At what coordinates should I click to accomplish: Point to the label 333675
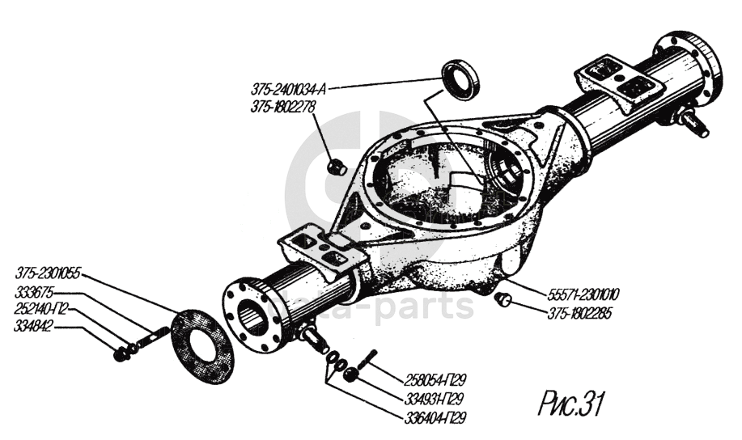32,291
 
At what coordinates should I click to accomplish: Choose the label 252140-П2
40,309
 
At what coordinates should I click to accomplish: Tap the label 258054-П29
435,380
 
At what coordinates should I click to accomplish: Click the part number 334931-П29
435,399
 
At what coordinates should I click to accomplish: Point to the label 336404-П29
435,417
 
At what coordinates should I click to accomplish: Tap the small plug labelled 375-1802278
337,167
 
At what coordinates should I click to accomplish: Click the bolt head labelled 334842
121,353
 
